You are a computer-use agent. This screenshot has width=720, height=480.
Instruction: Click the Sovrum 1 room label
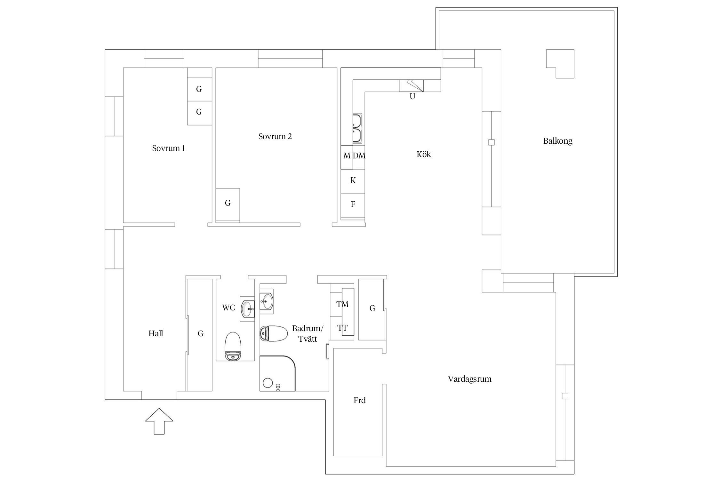(x=168, y=148)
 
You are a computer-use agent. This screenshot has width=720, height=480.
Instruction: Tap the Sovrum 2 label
(x=275, y=136)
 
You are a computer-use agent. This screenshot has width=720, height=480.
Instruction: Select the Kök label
(x=423, y=154)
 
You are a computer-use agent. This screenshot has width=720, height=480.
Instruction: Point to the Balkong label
(x=557, y=141)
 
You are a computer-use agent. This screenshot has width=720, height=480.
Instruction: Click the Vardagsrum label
(x=469, y=379)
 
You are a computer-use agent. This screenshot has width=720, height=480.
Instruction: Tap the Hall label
(x=156, y=333)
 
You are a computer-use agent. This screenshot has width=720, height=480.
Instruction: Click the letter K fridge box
(x=353, y=180)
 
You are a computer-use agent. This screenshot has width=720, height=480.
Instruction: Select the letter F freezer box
(x=353, y=204)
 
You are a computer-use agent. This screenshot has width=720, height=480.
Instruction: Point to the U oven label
(x=412, y=96)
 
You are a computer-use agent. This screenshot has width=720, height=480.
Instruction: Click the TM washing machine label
(x=342, y=304)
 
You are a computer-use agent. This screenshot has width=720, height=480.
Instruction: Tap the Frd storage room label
(x=359, y=400)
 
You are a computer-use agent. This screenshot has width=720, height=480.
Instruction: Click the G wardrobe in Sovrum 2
(x=228, y=203)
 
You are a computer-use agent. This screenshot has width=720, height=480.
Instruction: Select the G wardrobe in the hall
(x=200, y=334)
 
